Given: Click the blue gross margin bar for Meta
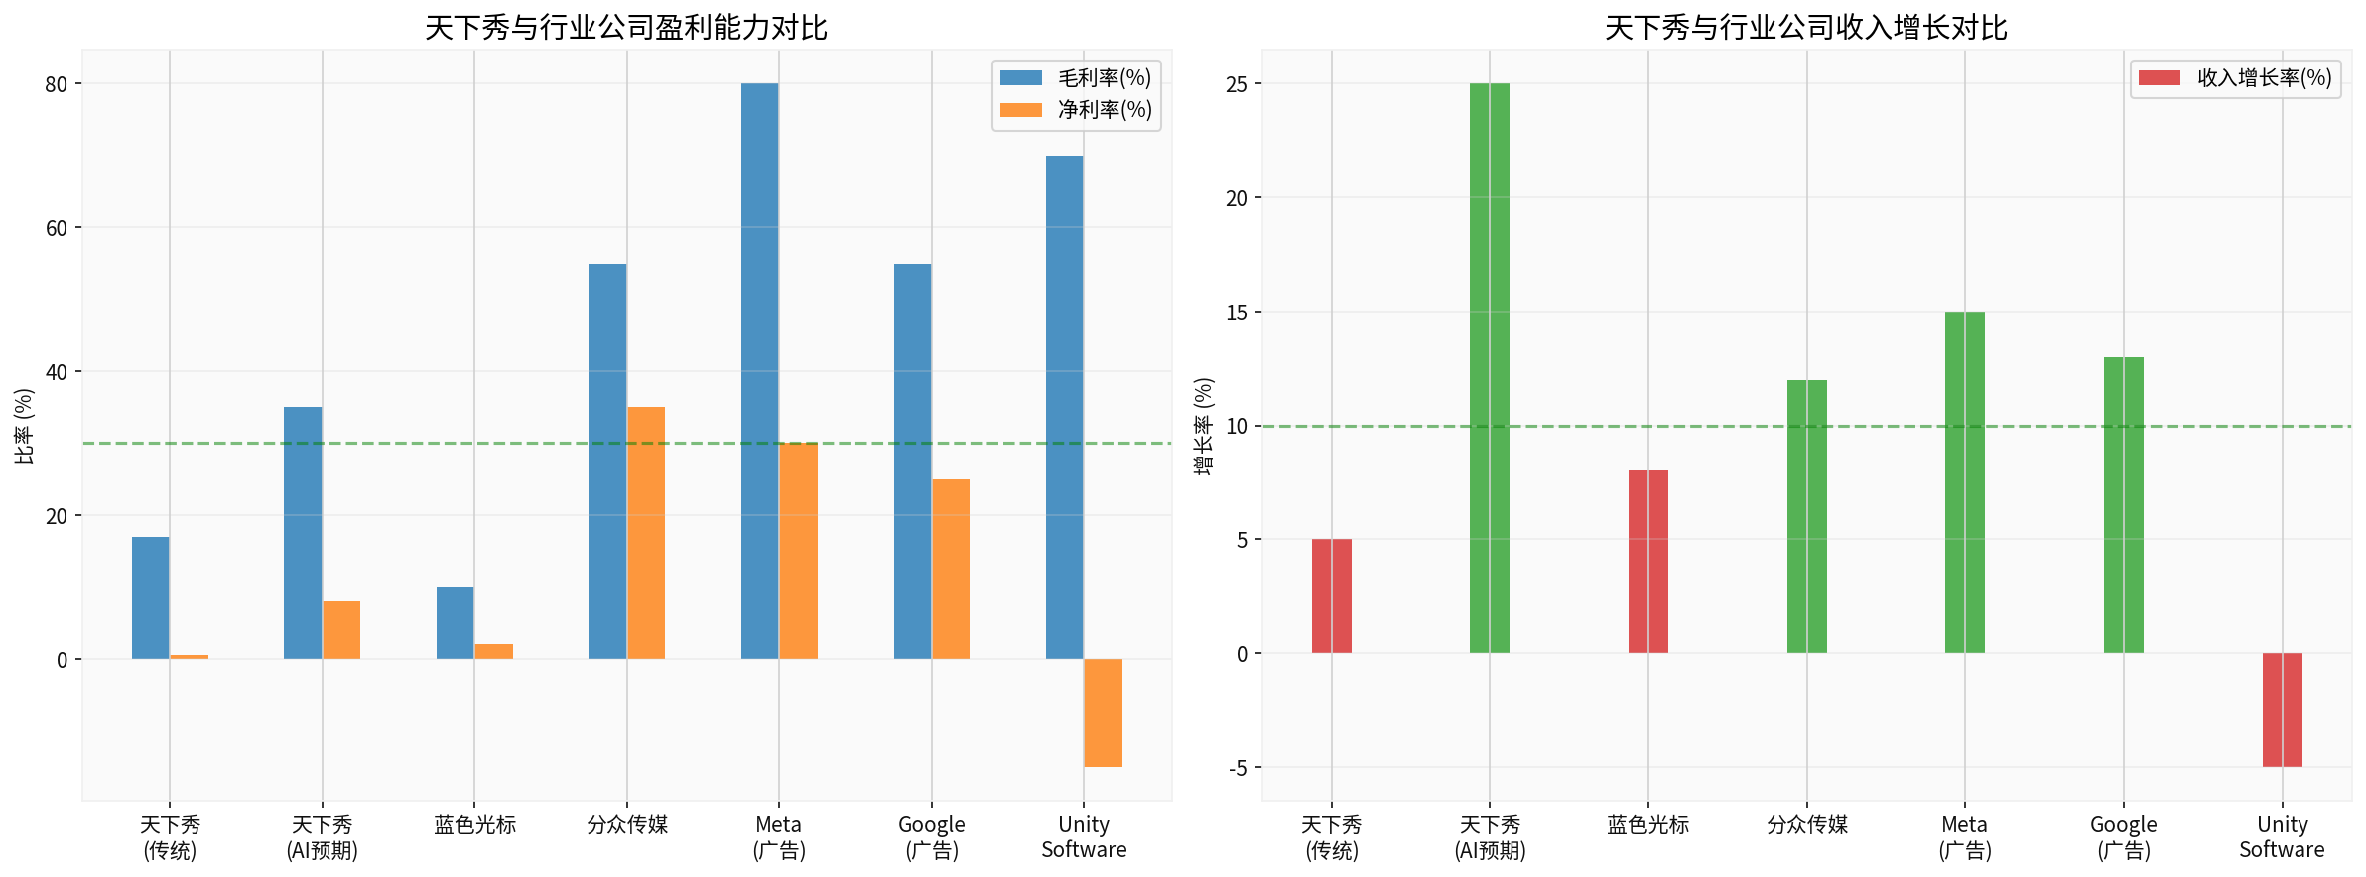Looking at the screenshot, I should click(x=759, y=371).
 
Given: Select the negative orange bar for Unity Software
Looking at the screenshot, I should click(x=1103, y=712).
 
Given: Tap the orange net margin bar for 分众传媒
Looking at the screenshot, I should click(x=646, y=533).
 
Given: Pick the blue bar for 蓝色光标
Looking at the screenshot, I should click(x=455, y=623).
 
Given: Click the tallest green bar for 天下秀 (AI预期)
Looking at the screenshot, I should click(x=1489, y=368).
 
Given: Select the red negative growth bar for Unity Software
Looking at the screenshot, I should click(x=2282, y=709).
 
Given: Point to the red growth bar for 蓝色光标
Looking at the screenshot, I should click(x=1647, y=562).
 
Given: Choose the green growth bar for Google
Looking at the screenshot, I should click(x=2123, y=505).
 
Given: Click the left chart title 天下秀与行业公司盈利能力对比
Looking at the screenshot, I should click(x=625, y=27).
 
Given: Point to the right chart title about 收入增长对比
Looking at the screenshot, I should click(x=1805, y=27).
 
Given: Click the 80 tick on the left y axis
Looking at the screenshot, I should click(x=57, y=84).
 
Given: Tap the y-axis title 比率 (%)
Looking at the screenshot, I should click(x=24, y=426).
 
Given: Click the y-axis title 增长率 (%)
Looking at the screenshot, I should click(x=1203, y=426).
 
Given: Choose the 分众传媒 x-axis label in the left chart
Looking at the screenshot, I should click(x=627, y=825).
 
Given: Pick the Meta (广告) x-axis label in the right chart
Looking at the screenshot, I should click(x=1965, y=837).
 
